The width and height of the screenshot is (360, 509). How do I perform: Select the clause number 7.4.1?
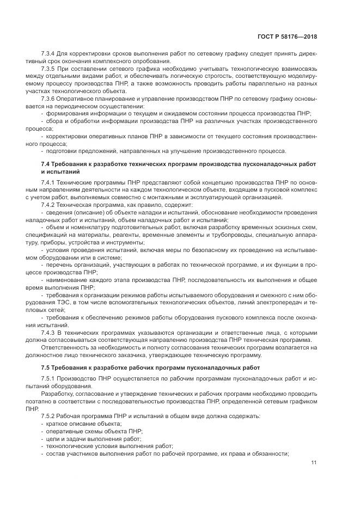click(x=50, y=181)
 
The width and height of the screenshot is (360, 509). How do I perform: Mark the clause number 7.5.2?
click(x=50, y=415)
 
